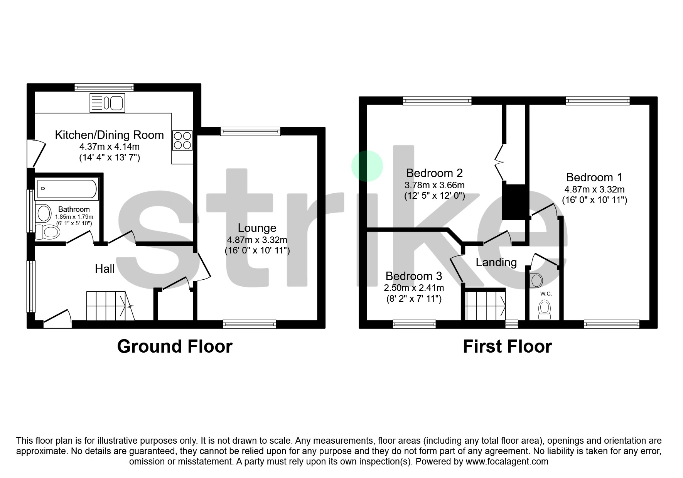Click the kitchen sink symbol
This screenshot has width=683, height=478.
click(x=107, y=103)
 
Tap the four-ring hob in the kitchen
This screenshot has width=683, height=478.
click(x=182, y=140)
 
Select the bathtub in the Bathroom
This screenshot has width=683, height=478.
click(x=67, y=189)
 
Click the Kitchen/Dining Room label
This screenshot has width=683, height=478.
click(x=109, y=135)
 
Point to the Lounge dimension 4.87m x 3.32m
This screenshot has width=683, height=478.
click(x=257, y=240)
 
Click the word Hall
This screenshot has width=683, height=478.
click(x=105, y=269)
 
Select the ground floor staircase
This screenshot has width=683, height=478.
click(x=110, y=306)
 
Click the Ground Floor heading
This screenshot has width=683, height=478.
click(x=175, y=346)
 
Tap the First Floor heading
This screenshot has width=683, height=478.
click(x=507, y=346)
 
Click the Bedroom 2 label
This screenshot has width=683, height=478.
click(x=434, y=173)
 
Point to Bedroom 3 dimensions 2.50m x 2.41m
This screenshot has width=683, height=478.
click(x=414, y=288)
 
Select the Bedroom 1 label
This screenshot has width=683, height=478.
click(x=594, y=177)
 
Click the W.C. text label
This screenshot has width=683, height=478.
click(x=546, y=294)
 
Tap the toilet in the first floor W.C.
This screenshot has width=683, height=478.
click(x=544, y=310)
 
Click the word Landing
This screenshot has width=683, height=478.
click(x=496, y=262)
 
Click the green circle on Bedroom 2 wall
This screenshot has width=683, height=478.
click(x=367, y=166)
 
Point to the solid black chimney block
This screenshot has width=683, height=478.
click(x=514, y=202)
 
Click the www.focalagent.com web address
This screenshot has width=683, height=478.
click(x=507, y=461)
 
